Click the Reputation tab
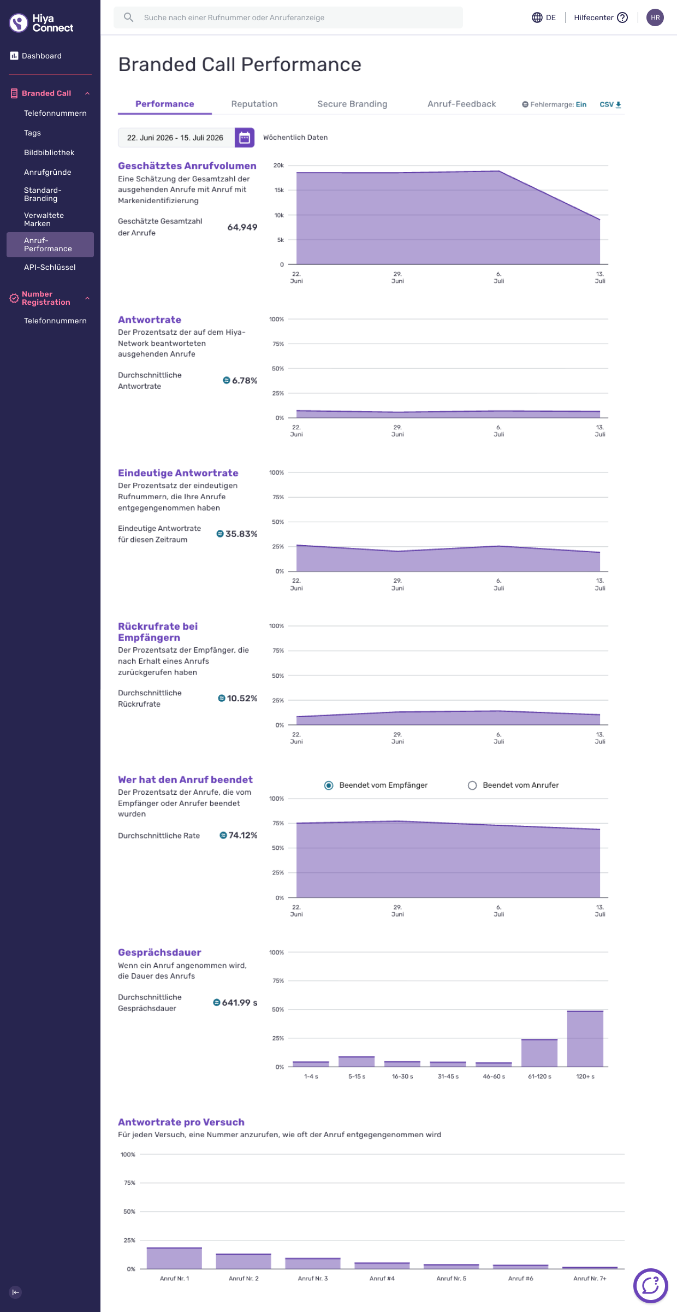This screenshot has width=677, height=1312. click(x=254, y=104)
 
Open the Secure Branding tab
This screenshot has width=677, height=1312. click(x=352, y=104)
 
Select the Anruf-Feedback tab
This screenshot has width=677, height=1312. click(x=461, y=104)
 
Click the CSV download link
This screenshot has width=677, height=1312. click(x=610, y=104)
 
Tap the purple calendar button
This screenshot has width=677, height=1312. click(x=245, y=138)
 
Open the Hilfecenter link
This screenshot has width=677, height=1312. click(x=601, y=17)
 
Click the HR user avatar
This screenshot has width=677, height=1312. click(x=655, y=17)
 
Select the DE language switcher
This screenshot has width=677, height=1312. click(x=544, y=17)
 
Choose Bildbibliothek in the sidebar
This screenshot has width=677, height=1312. click(x=49, y=152)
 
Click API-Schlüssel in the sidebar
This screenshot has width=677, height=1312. click(x=50, y=267)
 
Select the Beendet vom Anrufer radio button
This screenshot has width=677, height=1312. click(x=472, y=785)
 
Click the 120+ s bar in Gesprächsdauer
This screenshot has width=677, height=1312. click(x=585, y=1038)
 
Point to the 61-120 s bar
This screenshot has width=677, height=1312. click(x=539, y=1053)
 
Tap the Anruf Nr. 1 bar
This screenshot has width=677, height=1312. click(x=174, y=1258)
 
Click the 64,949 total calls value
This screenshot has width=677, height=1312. click(x=242, y=227)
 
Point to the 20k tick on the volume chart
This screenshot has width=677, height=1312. click(x=278, y=166)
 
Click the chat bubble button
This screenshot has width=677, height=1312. click(x=650, y=1285)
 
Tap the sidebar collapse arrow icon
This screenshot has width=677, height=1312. click(x=15, y=1292)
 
